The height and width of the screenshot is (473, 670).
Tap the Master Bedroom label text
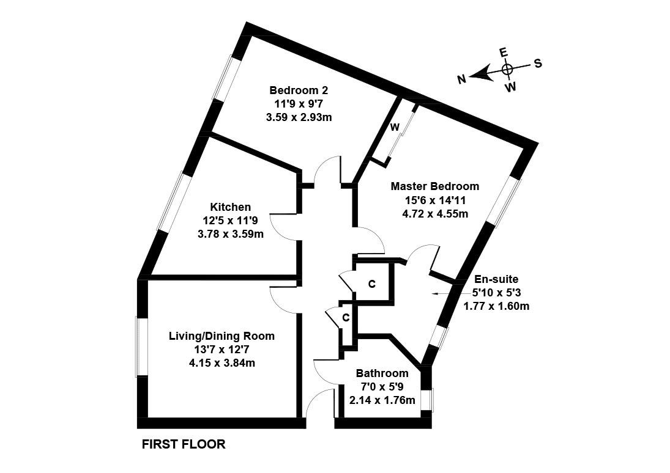(x=435, y=186)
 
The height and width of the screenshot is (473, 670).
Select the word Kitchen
(x=230, y=207)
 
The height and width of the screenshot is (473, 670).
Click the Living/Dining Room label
(x=221, y=336)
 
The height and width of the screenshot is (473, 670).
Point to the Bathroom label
(x=382, y=373)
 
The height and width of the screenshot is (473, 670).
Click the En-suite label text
(x=496, y=279)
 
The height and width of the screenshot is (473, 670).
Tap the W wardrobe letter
(x=395, y=127)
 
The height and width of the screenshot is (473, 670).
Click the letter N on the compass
(x=463, y=78)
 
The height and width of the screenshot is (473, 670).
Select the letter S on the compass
(x=538, y=64)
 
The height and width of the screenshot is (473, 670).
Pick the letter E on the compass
(x=504, y=53)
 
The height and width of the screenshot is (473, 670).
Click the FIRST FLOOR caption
(x=184, y=444)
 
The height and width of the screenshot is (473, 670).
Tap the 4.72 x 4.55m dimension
(x=435, y=213)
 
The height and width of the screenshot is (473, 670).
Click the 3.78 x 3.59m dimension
(x=230, y=234)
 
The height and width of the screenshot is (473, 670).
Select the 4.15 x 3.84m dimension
(x=221, y=363)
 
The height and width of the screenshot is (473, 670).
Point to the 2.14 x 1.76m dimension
(x=382, y=401)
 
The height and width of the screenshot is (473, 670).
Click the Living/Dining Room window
(x=141, y=346)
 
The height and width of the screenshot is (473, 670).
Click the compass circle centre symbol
(x=507, y=70)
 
